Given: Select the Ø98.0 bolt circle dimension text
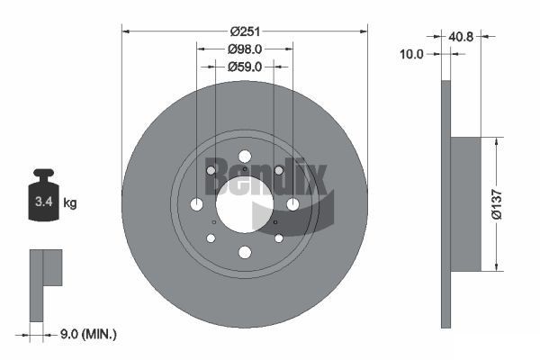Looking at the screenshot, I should [x=244, y=49].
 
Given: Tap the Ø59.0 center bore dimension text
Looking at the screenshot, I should [x=244, y=66].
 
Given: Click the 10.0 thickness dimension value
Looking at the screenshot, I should [x=411, y=54].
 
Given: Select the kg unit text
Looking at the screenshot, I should [x=70, y=203].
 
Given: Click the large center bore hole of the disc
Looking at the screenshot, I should [x=244, y=204].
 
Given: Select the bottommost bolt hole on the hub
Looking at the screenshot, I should [x=244, y=252].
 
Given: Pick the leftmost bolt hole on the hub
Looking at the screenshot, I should [x=196, y=204].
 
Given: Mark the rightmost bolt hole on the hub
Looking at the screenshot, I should [x=292, y=204].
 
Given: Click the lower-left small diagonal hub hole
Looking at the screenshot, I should [x=211, y=238].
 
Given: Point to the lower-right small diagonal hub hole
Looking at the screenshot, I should [x=278, y=238].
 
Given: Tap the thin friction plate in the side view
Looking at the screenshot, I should [x=445, y=204].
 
